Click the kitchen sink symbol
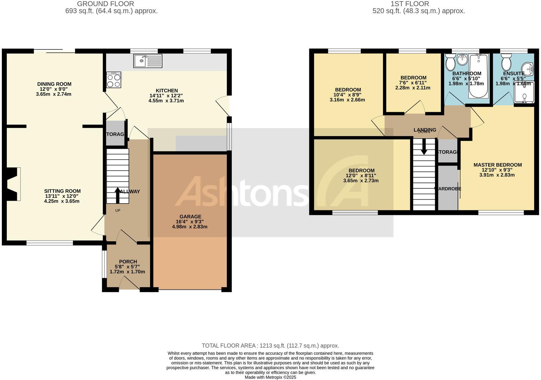[x=148, y=61]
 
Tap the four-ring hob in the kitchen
[x=114, y=80]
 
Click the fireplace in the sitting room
[x=13, y=184]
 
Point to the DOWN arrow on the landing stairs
[x=424, y=147]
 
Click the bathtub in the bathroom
[x=478, y=76]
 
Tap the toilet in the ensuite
[x=506, y=63]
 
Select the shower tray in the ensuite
[x=524, y=92]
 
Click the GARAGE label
[x=191, y=216]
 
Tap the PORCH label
[x=128, y=262]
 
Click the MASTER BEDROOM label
[x=497, y=165]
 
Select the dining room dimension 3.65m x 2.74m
[x=53, y=94]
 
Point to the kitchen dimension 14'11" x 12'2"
[x=167, y=96]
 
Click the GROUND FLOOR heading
[x=105, y=4]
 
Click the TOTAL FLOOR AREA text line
[x=270, y=346]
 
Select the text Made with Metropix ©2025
[x=270, y=377]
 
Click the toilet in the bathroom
[x=451, y=63]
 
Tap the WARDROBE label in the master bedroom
[x=448, y=189]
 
